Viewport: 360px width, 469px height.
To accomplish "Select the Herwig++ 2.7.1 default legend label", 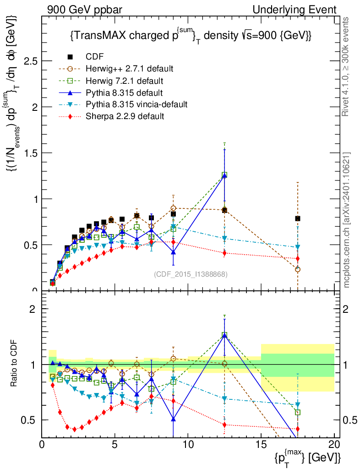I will point(129,69).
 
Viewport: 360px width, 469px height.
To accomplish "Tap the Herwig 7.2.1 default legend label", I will point(125,81).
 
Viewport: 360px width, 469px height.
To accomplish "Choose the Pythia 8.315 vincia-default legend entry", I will point(136,104).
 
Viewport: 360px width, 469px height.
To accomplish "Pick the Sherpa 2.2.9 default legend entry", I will point(125,116).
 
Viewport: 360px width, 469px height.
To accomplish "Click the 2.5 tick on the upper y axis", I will point(30,61).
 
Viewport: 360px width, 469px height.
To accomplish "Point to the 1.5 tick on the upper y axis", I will point(30,153).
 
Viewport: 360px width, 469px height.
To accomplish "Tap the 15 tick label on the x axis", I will point(261,444).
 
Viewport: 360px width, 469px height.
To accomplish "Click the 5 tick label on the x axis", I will point(115,444).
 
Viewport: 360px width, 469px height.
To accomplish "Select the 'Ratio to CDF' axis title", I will point(15,365).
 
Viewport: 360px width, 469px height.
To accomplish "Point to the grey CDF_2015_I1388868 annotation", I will point(191,274).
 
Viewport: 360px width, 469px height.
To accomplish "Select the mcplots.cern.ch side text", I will point(347,220).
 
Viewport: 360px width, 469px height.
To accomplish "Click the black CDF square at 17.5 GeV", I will point(298,218).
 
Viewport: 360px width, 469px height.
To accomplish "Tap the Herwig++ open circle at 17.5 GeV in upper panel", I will point(298,269).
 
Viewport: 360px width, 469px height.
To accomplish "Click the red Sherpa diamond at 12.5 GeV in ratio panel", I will point(224,425).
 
